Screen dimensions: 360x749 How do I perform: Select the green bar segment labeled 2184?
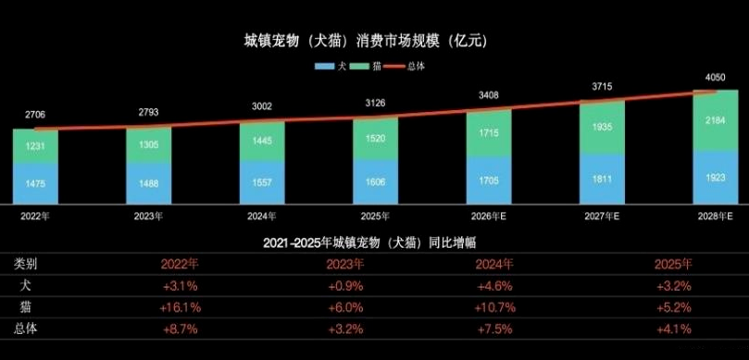pyautogui.click(x=716, y=121)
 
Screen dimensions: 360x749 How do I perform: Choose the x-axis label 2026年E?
pyautogui.click(x=489, y=216)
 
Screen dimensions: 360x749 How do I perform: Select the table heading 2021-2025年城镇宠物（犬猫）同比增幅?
pyautogui.click(x=374, y=242)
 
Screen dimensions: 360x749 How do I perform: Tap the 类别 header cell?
pyautogui.click(x=26, y=264)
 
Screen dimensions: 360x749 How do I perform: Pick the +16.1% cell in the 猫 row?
pyautogui.click(x=180, y=306)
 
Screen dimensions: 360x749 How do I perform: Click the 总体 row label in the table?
pyautogui.click(x=26, y=328)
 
